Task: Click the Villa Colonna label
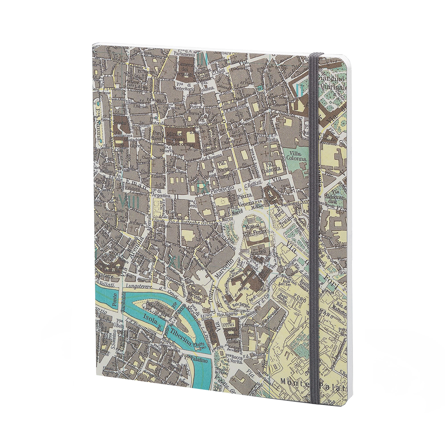point(296,155)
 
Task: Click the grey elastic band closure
point(315,222)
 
